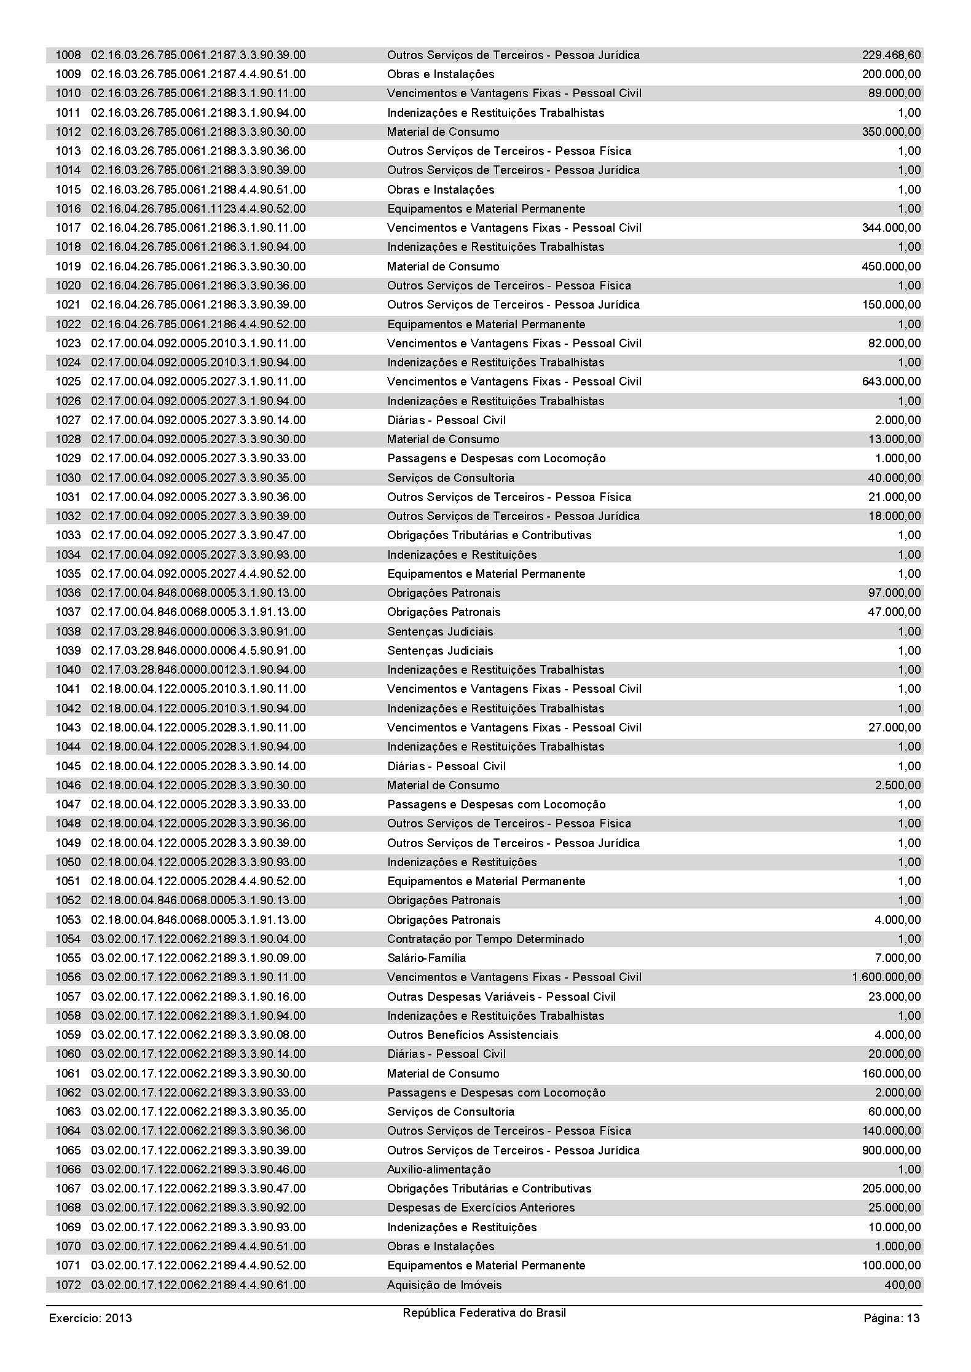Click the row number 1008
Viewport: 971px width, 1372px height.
point(68,55)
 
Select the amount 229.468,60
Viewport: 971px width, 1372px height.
point(891,55)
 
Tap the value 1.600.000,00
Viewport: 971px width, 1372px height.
point(886,977)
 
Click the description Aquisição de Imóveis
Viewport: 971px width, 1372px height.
point(444,1285)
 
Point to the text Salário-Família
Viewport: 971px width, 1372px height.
point(427,958)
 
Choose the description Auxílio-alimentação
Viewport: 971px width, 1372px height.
point(439,1170)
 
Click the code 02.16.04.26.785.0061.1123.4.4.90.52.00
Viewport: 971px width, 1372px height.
point(199,209)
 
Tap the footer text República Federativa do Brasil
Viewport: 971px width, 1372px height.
point(484,1313)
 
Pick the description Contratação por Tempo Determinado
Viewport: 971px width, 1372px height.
point(486,939)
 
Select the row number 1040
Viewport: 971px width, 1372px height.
point(68,670)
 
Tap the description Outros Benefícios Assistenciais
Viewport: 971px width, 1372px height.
point(473,1035)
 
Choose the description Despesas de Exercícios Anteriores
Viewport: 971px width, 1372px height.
point(481,1208)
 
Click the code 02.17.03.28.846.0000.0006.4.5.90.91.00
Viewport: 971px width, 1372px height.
point(199,651)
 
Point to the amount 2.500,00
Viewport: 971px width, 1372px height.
point(898,786)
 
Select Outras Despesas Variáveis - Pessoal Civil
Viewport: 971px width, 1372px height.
point(501,997)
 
